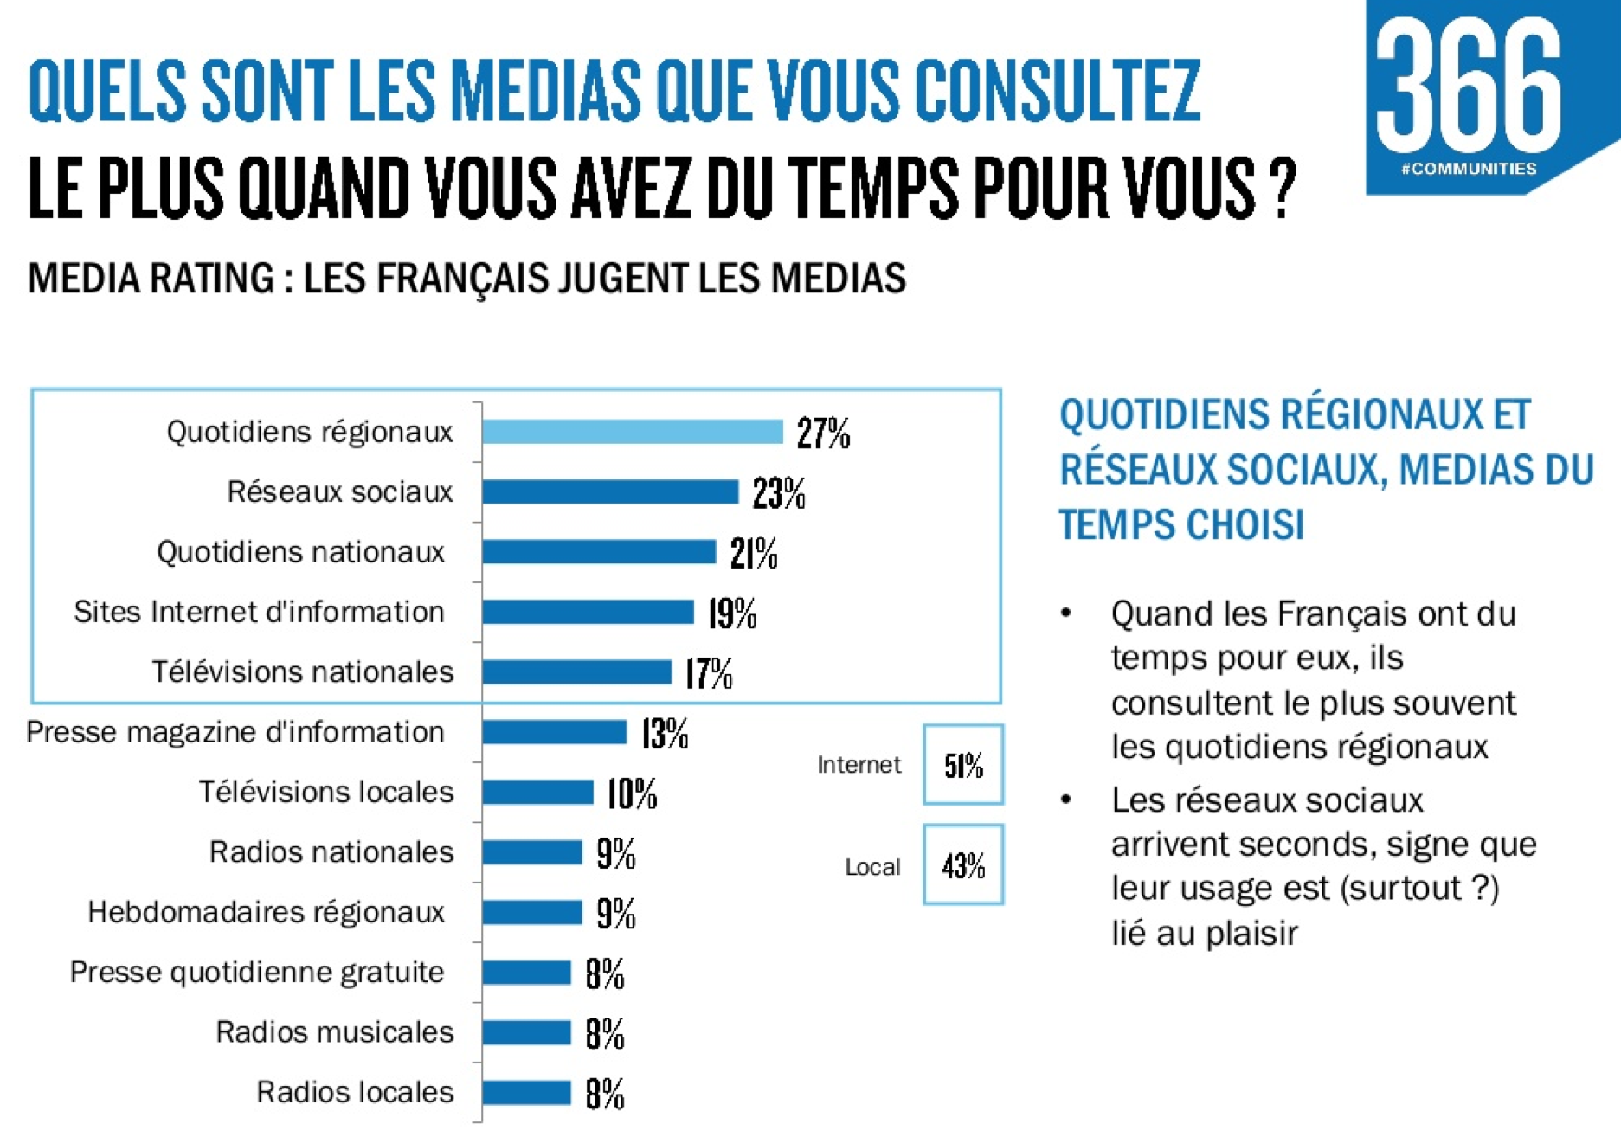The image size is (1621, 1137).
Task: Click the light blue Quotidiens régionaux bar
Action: click(x=632, y=431)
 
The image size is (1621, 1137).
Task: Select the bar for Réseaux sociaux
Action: click(x=610, y=491)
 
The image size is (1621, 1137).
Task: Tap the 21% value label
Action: click(x=753, y=554)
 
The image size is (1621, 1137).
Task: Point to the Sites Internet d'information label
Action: click(x=259, y=612)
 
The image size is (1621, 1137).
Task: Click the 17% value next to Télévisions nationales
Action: click(x=708, y=674)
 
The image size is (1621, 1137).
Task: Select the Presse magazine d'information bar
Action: click(x=554, y=732)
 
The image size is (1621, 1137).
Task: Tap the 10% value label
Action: click(x=632, y=793)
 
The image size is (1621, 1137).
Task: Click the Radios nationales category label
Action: click(x=331, y=852)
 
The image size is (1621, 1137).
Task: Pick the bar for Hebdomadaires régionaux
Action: click(x=532, y=912)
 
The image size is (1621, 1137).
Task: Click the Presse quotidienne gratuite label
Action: click(x=257, y=972)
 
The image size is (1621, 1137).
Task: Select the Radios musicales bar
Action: click(x=526, y=1031)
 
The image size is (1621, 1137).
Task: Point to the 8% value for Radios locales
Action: click(x=605, y=1094)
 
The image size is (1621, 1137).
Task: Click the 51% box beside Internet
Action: click(x=963, y=765)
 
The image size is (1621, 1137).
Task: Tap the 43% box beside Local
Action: click(x=963, y=865)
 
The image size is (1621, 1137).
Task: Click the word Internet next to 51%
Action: click(x=859, y=765)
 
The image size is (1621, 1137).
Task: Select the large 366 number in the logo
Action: click(x=1469, y=87)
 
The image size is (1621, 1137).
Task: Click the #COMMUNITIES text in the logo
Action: click(x=1469, y=169)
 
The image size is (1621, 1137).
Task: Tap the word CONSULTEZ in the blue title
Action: click(x=1057, y=91)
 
